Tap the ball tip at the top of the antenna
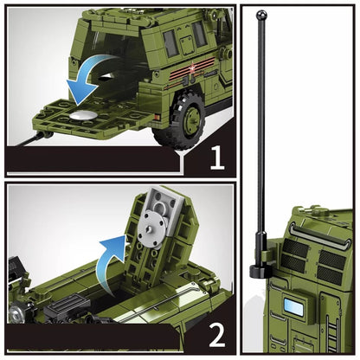pos(260,15)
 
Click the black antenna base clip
pos(260,269)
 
